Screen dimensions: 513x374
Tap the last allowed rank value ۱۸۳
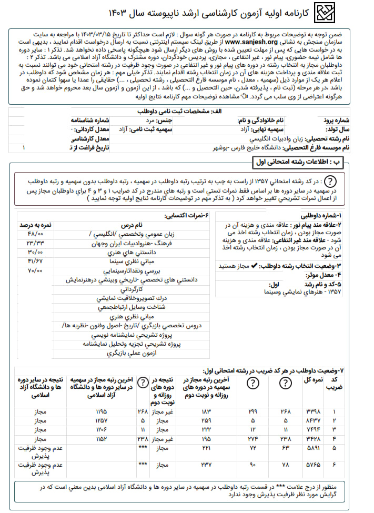pos(206,411)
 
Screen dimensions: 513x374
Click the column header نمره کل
pos(312,383)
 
